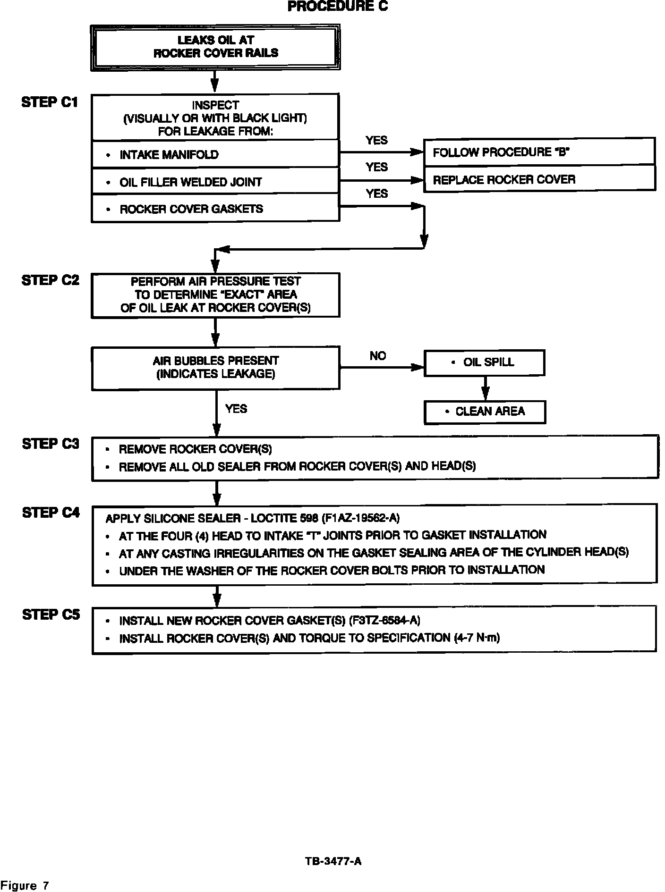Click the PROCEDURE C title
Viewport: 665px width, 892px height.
click(x=338, y=7)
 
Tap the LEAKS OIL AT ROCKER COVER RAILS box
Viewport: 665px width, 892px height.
click(x=215, y=47)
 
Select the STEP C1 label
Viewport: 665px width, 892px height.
click(x=50, y=102)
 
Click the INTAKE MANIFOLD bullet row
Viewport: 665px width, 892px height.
click(x=215, y=154)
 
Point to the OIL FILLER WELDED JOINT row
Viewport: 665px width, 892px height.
click(x=215, y=182)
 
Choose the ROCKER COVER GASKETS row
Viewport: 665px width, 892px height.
click(x=215, y=209)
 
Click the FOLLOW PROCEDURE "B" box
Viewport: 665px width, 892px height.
click(x=539, y=152)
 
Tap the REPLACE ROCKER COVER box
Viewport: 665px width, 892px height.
click(x=539, y=179)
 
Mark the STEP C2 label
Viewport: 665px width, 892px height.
click(x=50, y=280)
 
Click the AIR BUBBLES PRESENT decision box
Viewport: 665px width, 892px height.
click(x=215, y=368)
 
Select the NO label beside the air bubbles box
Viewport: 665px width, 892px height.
click(x=378, y=356)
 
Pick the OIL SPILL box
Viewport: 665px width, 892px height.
click(x=485, y=362)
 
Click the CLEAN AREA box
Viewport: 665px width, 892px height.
click(x=485, y=412)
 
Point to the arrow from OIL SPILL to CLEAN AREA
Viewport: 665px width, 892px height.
click(x=485, y=388)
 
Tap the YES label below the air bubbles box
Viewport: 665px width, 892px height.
click(x=236, y=409)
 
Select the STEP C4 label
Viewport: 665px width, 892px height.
click(x=51, y=513)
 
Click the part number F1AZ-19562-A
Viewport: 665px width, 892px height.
click(x=360, y=518)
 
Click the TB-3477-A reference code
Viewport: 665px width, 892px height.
click(x=333, y=861)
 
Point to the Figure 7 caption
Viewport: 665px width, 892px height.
click(x=25, y=885)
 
